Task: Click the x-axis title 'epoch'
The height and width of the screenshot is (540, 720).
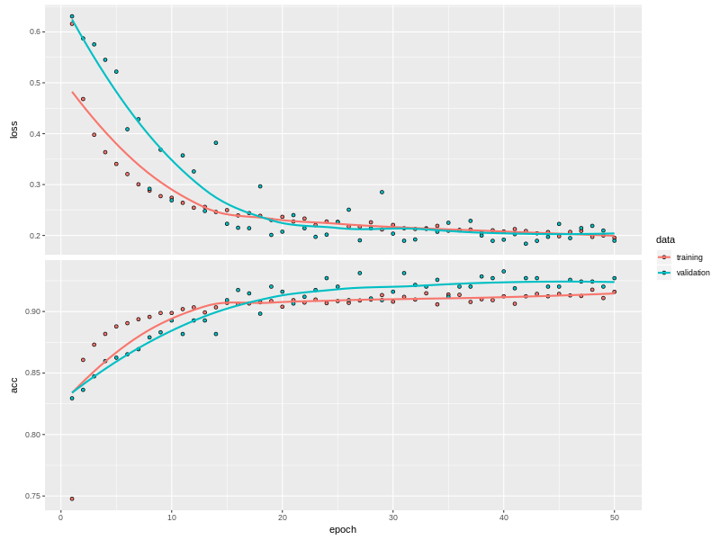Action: tap(342, 529)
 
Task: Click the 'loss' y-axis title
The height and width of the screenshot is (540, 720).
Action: tap(13, 130)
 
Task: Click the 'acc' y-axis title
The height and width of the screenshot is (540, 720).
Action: tap(13, 384)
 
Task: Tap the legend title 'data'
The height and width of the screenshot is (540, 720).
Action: tap(665, 239)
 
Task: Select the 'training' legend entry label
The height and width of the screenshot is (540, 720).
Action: tap(689, 257)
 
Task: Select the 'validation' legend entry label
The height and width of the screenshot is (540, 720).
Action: tap(693, 273)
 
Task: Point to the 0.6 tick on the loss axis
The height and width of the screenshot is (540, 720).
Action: tap(36, 31)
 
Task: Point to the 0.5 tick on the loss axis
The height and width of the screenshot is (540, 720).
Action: tap(36, 83)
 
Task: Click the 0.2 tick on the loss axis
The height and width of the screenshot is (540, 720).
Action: tap(36, 236)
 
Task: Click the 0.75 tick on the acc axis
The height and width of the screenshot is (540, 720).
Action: tap(34, 497)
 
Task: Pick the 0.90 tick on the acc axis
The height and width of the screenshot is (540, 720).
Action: tap(34, 311)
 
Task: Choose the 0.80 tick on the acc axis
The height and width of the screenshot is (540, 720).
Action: tap(34, 435)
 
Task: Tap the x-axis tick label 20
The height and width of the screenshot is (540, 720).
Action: tap(282, 517)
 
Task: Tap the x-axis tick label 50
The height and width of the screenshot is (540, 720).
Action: tap(614, 517)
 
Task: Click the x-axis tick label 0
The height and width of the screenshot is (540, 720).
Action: tap(60, 517)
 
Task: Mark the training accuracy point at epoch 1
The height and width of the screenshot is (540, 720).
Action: tap(72, 499)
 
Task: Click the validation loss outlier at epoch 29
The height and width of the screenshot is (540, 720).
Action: tap(382, 192)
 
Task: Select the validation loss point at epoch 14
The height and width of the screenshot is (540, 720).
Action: tap(216, 142)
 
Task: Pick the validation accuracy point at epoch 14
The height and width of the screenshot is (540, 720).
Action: tap(216, 334)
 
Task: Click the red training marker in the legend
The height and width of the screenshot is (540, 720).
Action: tap(665, 257)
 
